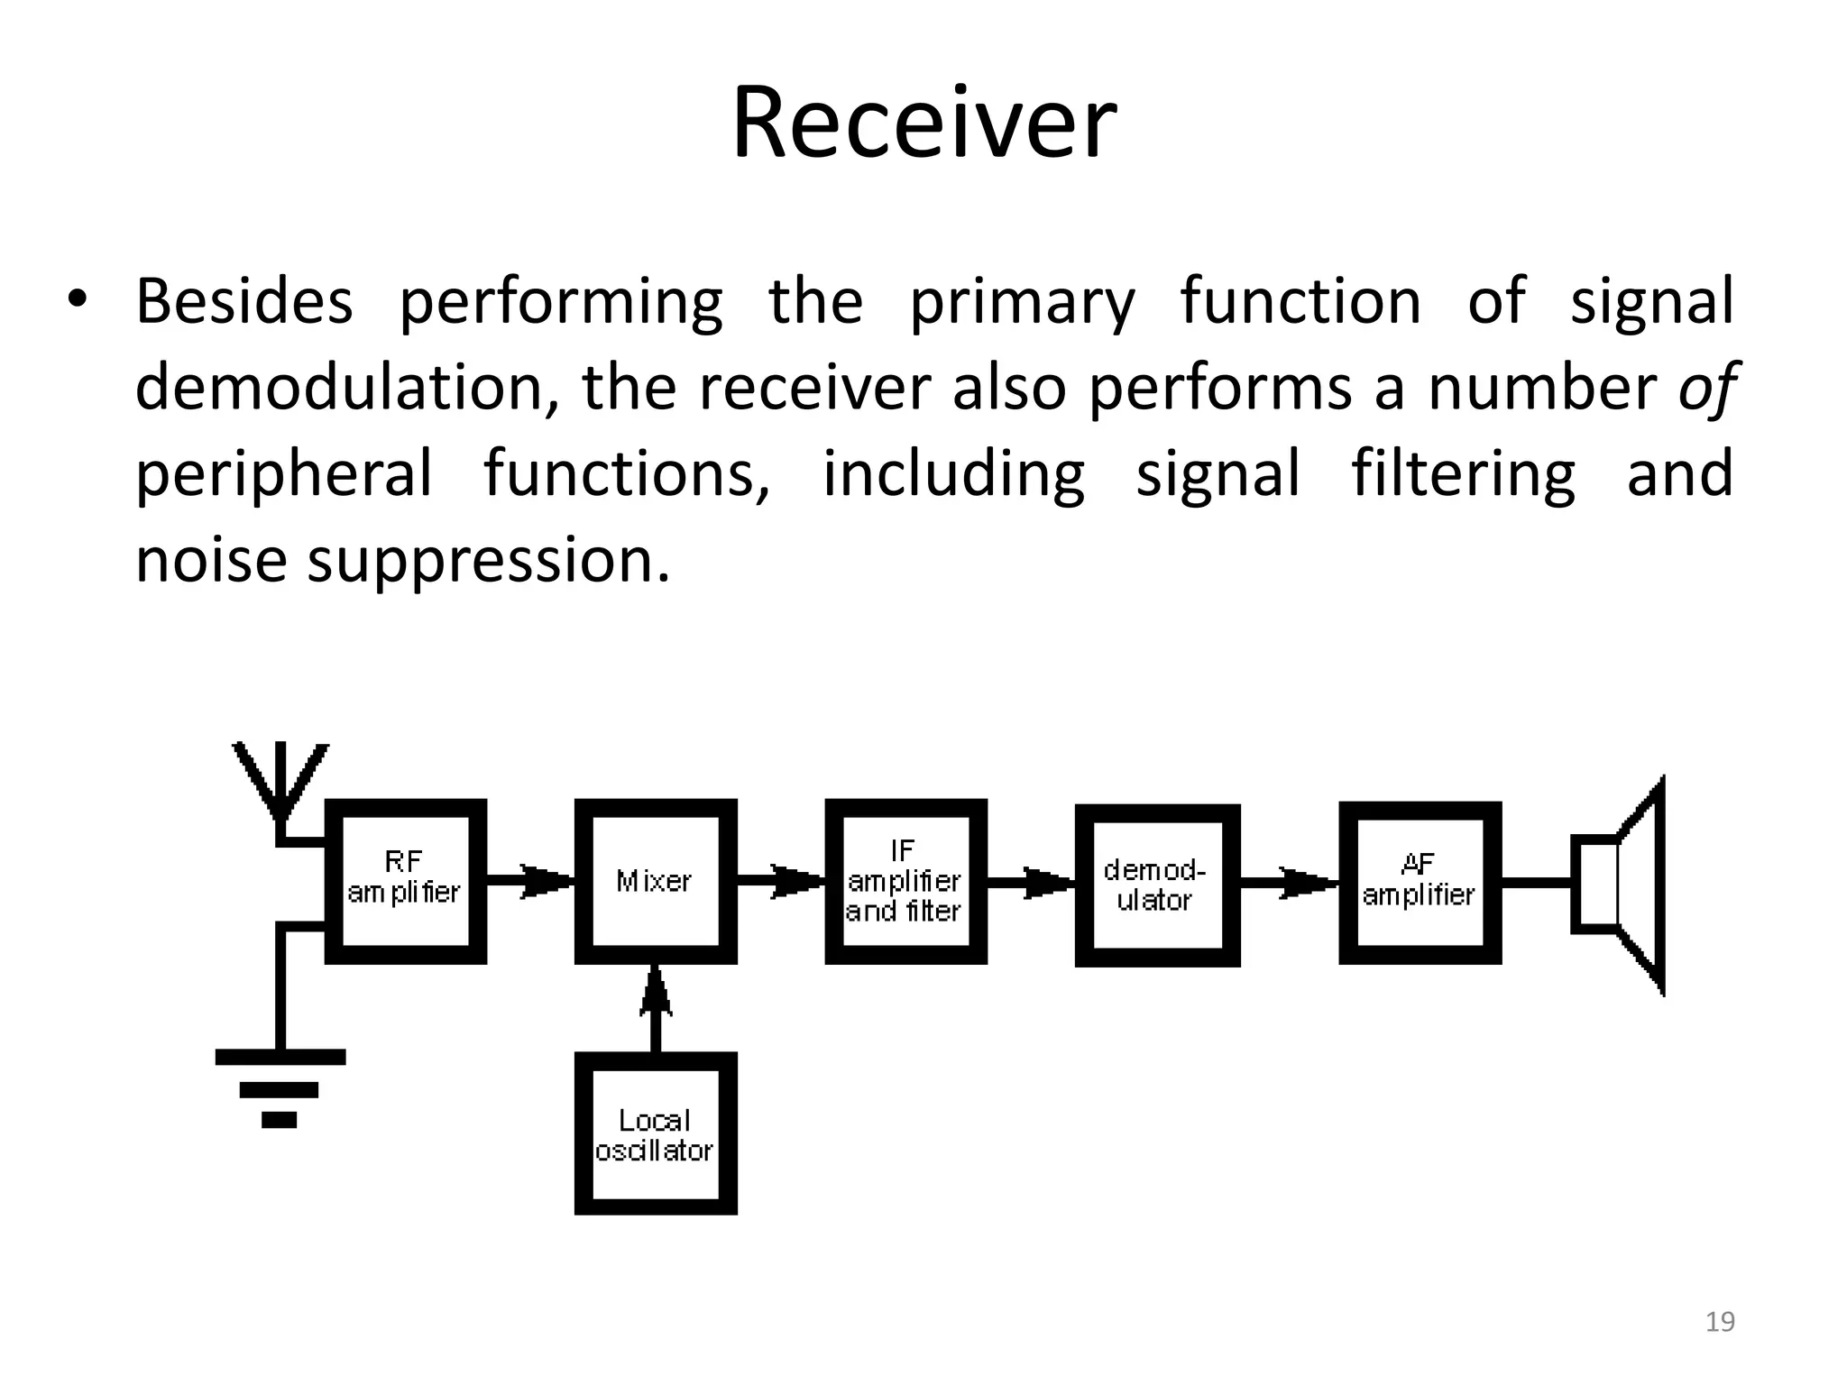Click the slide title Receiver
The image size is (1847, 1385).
(923, 124)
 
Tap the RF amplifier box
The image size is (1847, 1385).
(405, 881)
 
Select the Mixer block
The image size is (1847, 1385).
(656, 881)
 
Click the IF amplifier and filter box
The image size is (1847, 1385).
(905, 881)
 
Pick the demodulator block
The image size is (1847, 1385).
(1157, 885)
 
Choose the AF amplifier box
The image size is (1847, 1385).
(1420, 882)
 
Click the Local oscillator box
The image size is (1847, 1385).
(656, 1133)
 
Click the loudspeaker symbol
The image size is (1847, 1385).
(1623, 885)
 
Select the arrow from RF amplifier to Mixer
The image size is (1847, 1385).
(532, 881)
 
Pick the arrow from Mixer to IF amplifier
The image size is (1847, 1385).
(783, 881)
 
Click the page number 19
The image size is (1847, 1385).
(1720, 1322)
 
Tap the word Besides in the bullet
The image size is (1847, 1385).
(244, 301)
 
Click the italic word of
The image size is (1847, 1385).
(1706, 389)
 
